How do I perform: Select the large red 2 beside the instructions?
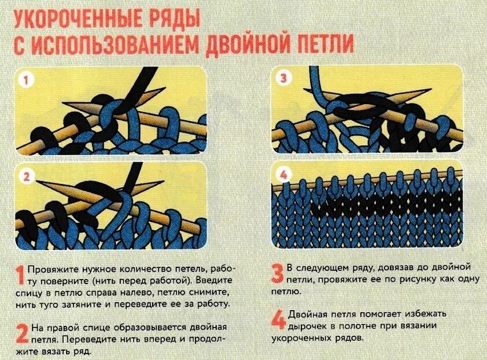pos(20,335)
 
